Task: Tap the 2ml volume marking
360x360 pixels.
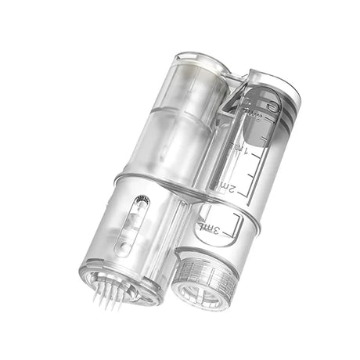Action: pos(227,185)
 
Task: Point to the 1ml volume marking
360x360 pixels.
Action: pos(236,148)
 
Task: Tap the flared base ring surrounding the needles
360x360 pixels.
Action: pos(117,286)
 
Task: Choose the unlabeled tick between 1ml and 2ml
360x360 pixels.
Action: pos(249,167)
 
